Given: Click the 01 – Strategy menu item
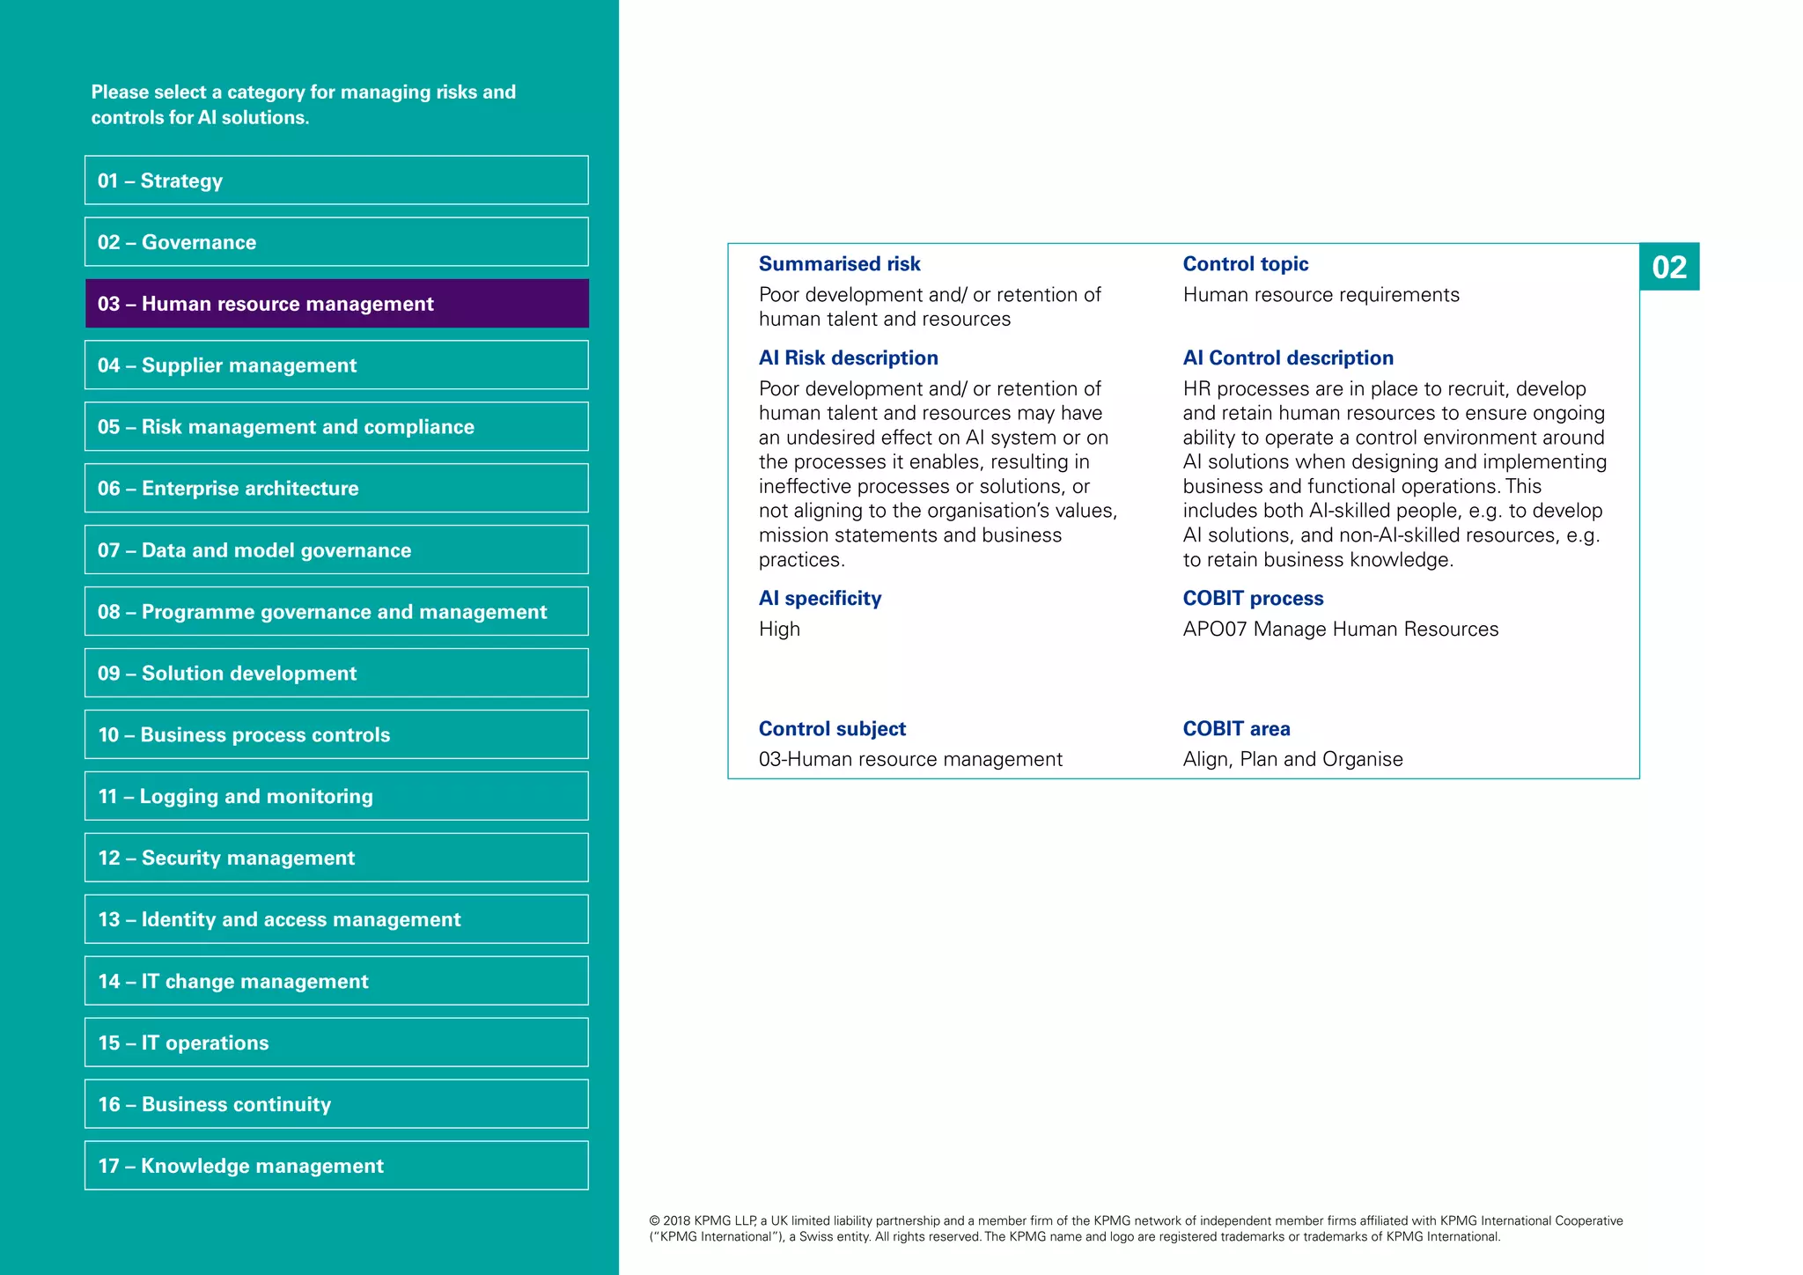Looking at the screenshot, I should [336, 181].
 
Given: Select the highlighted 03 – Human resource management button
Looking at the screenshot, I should [336, 304].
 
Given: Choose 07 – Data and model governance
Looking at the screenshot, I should [336, 550].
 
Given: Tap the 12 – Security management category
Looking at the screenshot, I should [336, 858].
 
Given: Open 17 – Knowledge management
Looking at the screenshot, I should [336, 1166].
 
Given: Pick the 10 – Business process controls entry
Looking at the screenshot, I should [336, 734].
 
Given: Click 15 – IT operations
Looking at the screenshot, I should [336, 1043].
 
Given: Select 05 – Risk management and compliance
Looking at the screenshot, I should [336, 427].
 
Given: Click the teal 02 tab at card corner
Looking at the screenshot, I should [1669, 267].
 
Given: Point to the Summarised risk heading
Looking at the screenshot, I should [839, 264].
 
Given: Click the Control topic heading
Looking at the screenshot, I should [1245, 264].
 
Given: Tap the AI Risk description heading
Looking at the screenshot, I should [848, 358].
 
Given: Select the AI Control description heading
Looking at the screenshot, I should [1287, 358].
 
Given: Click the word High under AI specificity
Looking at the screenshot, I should [779, 630].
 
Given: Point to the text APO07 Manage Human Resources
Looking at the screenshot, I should [1340, 630].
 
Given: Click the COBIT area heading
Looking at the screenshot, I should [1236, 729].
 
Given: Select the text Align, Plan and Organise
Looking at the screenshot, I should [1292, 759].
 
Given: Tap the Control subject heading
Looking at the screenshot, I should [832, 729].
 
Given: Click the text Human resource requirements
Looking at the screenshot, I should [1321, 295].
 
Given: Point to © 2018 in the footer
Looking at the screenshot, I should [670, 1221].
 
